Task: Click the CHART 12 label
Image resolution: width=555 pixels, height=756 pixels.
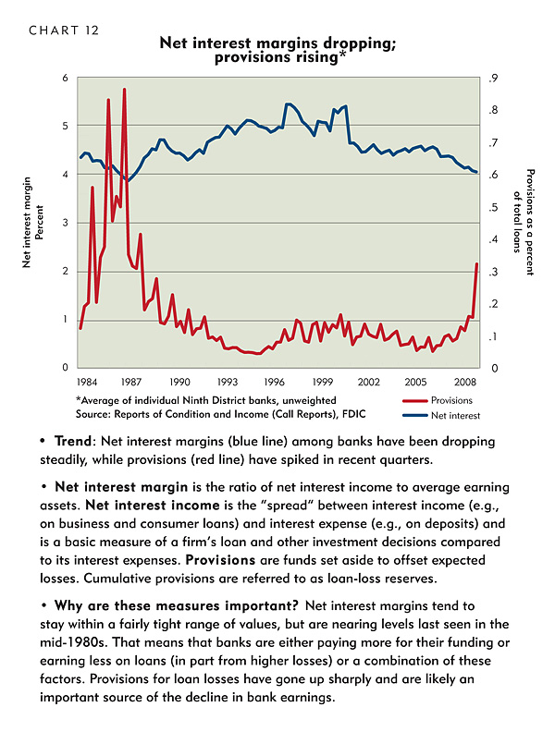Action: pos(64,30)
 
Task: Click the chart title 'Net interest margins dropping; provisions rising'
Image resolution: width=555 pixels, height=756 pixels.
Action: pos(277,50)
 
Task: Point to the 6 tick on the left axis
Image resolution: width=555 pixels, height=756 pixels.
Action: pos(65,78)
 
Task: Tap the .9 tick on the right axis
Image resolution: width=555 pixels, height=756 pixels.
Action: pos(493,79)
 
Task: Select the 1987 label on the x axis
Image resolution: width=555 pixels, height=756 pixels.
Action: pos(130,383)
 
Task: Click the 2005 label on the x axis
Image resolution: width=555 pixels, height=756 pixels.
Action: pos(415,383)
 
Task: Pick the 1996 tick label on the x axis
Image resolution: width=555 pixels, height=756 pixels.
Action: pos(274,383)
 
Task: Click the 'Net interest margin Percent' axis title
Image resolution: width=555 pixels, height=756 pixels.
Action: pos(32,222)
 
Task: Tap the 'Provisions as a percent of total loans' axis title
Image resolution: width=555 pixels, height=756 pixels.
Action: pos(524,222)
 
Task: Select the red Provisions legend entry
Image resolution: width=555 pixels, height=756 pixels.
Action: pos(438,400)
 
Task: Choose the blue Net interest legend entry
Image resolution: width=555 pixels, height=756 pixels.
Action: pos(441,416)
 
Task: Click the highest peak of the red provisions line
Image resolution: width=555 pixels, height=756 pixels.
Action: pos(125,90)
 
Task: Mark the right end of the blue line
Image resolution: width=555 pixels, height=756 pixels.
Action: pos(476,172)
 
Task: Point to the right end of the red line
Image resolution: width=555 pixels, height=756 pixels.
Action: pos(476,264)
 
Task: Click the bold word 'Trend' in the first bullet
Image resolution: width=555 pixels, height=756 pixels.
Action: pos(73,441)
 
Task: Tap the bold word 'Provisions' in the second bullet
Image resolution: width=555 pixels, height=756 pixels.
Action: pos(220,560)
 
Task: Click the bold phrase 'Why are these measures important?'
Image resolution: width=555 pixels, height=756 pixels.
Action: pos(177,606)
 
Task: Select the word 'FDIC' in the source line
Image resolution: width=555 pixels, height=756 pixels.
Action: pos(354,414)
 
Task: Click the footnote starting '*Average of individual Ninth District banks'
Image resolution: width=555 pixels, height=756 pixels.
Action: pos(206,400)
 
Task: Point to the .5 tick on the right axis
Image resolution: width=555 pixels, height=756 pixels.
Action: pos(493,208)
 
